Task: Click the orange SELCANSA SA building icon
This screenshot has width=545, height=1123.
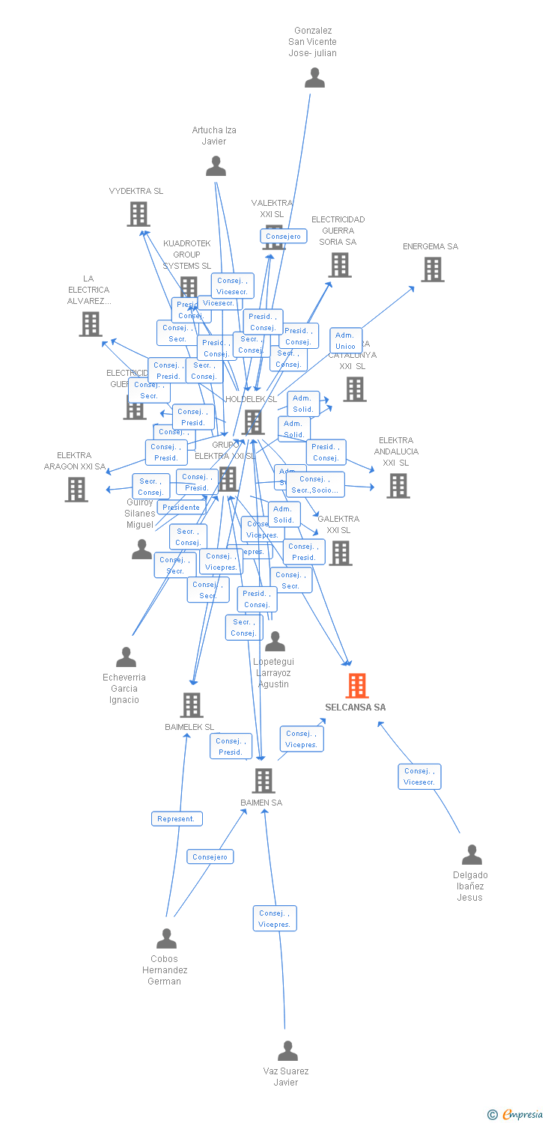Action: point(357,686)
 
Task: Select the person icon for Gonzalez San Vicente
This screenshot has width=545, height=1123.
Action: point(315,78)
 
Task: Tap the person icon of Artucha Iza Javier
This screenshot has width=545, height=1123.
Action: point(216,165)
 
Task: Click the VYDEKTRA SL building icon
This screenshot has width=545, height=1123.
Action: point(138,214)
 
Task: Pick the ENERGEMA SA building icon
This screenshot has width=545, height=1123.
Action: point(432,270)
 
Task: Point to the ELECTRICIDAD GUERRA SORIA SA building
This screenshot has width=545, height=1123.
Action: point(340,265)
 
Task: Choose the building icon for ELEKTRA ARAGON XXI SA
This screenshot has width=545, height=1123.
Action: point(76,490)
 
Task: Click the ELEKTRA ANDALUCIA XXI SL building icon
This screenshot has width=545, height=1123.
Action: point(398,486)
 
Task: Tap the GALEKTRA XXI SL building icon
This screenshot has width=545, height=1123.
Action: point(341,553)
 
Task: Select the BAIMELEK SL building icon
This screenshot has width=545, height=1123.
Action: point(192,705)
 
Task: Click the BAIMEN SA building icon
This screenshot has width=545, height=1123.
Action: point(263,781)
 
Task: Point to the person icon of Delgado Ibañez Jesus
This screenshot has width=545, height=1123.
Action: point(472,854)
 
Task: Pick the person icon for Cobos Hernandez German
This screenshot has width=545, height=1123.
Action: point(166,938)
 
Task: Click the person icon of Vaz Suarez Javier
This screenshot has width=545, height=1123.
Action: point(287,1051)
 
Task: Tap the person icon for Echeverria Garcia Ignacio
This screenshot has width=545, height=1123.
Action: point(127,657)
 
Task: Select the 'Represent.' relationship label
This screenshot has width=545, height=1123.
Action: point(177,819)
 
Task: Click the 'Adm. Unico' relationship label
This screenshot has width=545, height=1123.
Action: point(346,341)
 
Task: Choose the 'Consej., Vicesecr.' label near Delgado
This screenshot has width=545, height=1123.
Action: point(419,776)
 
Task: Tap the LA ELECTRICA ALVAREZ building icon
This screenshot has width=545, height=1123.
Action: point(91,324)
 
